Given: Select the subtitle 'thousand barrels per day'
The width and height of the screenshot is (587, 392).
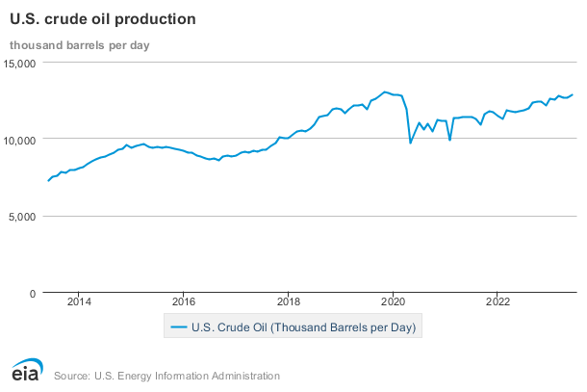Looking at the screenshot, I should click(79, 44).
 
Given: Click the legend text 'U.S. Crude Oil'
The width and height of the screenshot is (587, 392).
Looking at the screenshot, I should click(303, 327).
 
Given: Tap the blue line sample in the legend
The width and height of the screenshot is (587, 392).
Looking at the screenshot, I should click(178, 327).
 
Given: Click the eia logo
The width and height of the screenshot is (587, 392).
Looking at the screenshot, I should click(27, 372).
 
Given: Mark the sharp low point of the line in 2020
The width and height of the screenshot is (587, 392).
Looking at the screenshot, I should click(411, 143).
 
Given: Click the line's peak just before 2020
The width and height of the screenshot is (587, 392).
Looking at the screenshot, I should click(384, 91).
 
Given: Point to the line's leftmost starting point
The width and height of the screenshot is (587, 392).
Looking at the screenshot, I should click(48, 181).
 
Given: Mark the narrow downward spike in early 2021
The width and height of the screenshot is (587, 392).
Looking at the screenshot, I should click(449, 140).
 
